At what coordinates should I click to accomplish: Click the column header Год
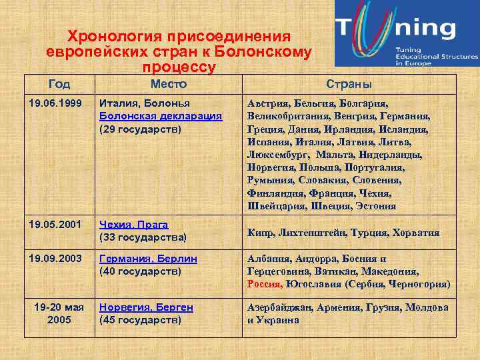[x=59, y=84]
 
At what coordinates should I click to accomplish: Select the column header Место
[x=168, y=84]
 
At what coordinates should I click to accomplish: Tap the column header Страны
[x=349, y=84]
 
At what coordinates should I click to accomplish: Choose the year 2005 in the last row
[x=59, y=320]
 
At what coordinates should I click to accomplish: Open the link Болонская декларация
[x=160, y=116]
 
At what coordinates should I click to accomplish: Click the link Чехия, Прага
[x=133, y=225]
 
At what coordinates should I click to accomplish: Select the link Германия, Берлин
[x=148, y=258]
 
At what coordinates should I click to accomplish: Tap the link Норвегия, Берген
[x=146, y=307]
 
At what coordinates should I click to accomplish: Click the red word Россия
[x=265, y=283]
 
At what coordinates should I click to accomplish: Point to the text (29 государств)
[x=140, y=129]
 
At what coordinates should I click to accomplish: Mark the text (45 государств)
[x=140, y=320]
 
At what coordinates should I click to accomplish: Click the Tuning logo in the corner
[x=406, y=33]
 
